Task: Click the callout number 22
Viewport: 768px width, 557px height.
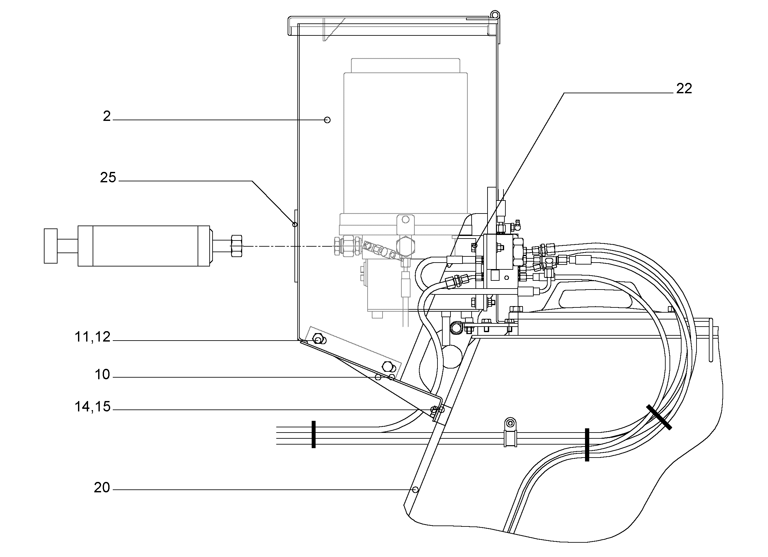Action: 684,89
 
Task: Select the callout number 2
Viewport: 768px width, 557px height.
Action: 107,116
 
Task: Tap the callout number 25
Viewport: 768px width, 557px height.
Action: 108,177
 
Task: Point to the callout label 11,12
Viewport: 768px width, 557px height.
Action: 92,337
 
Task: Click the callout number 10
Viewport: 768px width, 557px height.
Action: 102,374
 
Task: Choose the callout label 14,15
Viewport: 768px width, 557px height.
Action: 92,407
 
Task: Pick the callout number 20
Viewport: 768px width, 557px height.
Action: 102,487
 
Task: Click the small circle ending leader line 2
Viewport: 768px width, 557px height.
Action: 327,120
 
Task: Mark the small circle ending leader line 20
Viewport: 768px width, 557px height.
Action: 416,490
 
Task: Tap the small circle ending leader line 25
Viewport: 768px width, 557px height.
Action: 295,225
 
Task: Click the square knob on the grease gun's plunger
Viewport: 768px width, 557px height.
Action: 50,246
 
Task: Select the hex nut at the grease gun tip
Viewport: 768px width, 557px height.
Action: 236,246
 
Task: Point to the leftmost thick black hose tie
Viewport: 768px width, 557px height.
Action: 314,434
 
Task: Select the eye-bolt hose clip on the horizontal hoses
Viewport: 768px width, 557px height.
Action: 510,433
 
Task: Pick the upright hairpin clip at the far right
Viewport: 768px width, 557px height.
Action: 711,340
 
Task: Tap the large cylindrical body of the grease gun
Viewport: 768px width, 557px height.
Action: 144,246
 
